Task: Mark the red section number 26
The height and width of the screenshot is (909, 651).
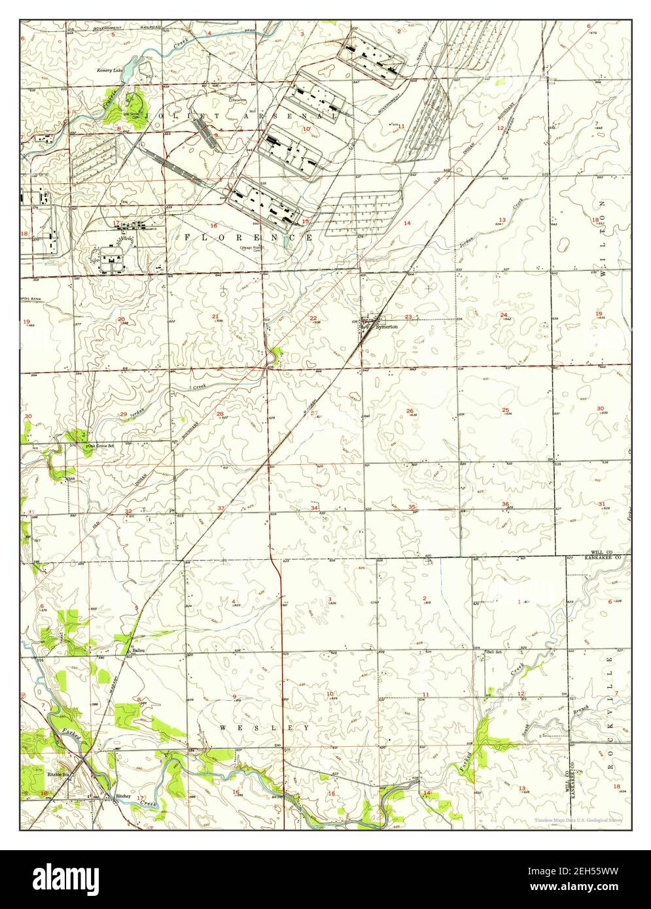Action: pyautogui.click(x=410, y=411)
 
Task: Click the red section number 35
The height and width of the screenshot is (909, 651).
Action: pyautogui.click(x=412, y=507)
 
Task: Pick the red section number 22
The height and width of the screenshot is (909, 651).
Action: pyautogui.click(x=313, y=318)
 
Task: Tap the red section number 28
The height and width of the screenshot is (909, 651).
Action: pyautogui.click(x=220, y=413)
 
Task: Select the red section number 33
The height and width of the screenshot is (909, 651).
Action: pyautogui.click(x=222, y=508)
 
